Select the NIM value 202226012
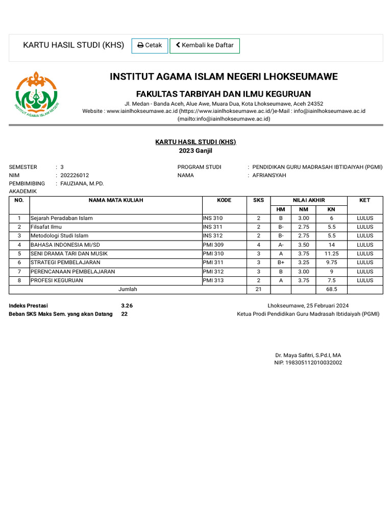coord(75,175)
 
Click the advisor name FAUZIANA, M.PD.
coord(82,183)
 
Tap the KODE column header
coord(224,200)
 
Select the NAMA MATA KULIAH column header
coord(116,200)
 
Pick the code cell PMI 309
coord(213,245)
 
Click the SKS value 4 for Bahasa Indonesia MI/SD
coord(259,245)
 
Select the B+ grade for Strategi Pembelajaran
coord(281,263)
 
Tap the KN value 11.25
coord(331,254)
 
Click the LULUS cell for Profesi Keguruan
coord(365,280)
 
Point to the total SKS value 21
coord(259,289)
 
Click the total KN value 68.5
coord(331,289)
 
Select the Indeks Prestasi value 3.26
coord(127,305)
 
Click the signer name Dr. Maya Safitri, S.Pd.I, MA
coord(308,355)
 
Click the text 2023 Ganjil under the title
coord(195,151)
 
